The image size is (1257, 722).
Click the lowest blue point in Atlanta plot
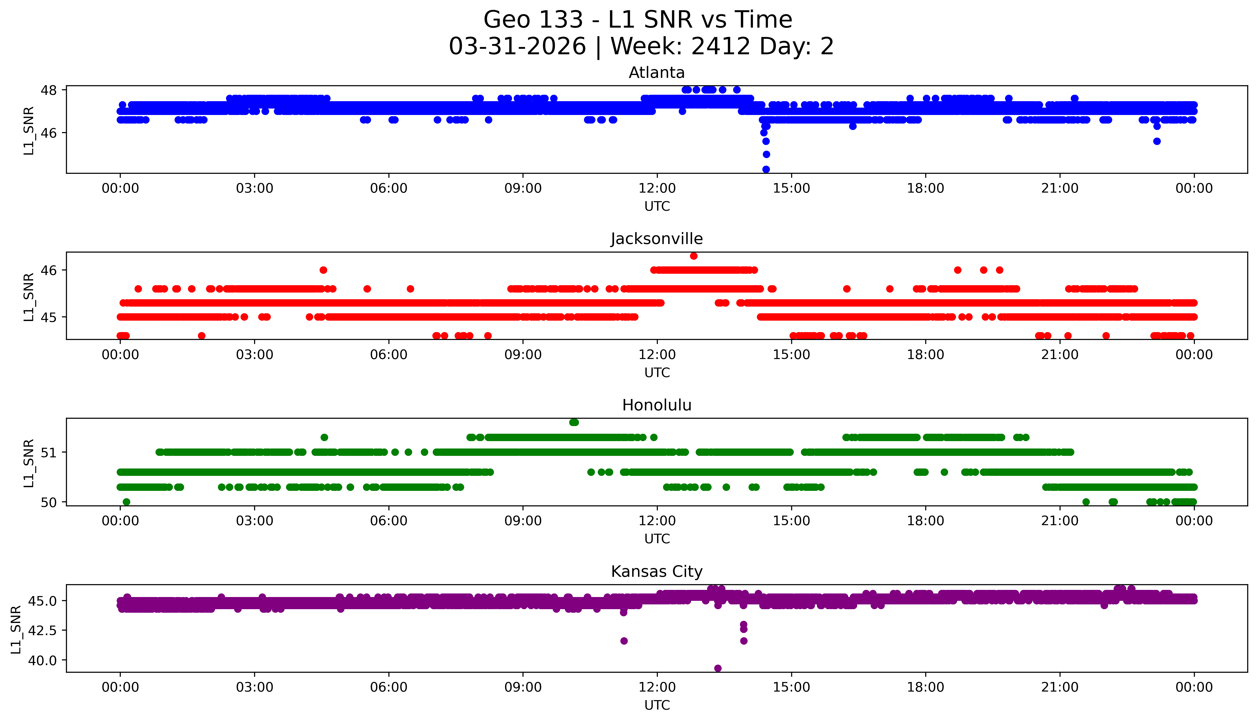[766, 169]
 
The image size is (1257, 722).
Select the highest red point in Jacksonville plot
[694, 256]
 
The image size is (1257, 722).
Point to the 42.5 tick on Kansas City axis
[45, 630]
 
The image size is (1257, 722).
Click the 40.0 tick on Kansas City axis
[45, 660]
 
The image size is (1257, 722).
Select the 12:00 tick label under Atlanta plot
[657, 189]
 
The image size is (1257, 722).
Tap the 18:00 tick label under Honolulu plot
[925, 521]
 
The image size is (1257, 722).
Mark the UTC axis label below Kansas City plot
[657, 705]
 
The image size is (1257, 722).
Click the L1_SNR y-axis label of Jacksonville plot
[29, 297]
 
